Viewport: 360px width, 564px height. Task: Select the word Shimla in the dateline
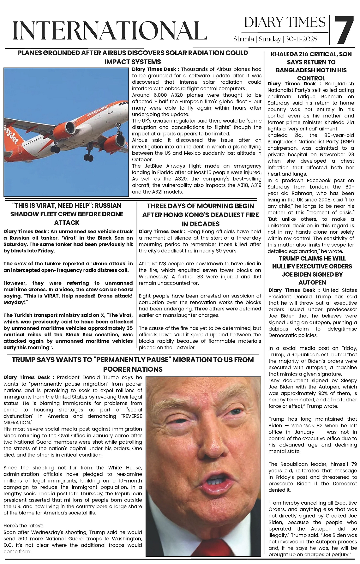pos(243,39)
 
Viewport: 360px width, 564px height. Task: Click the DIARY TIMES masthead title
pos(285,22)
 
